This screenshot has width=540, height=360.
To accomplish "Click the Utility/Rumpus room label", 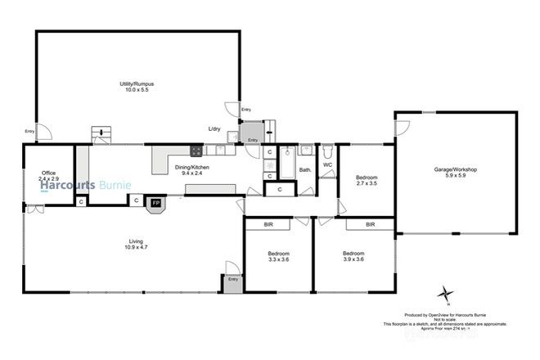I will (139, 83).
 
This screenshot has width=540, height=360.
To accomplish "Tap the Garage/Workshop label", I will (455, 169).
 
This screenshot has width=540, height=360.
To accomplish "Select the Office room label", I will (48, 173).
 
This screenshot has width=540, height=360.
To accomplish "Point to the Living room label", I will (136, 241).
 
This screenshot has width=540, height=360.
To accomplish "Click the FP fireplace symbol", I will (155, 201).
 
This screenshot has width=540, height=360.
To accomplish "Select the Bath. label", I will (304, 170).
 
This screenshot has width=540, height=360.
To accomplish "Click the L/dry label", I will (214, 129).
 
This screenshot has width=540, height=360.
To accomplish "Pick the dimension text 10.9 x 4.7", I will (136, 248).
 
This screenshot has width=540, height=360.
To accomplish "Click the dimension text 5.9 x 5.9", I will (455, 177).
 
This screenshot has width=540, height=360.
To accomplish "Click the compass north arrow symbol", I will (445, 293).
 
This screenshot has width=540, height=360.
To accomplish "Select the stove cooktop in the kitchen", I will (196, 150).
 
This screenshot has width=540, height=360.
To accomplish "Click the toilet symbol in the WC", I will (326, 151).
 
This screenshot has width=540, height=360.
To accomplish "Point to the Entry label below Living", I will (233, 280).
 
